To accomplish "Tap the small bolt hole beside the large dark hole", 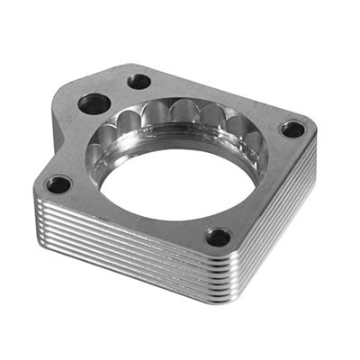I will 139,82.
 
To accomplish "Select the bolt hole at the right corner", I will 292,129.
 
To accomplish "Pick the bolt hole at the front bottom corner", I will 217,238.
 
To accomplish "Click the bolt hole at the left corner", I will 59,186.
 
